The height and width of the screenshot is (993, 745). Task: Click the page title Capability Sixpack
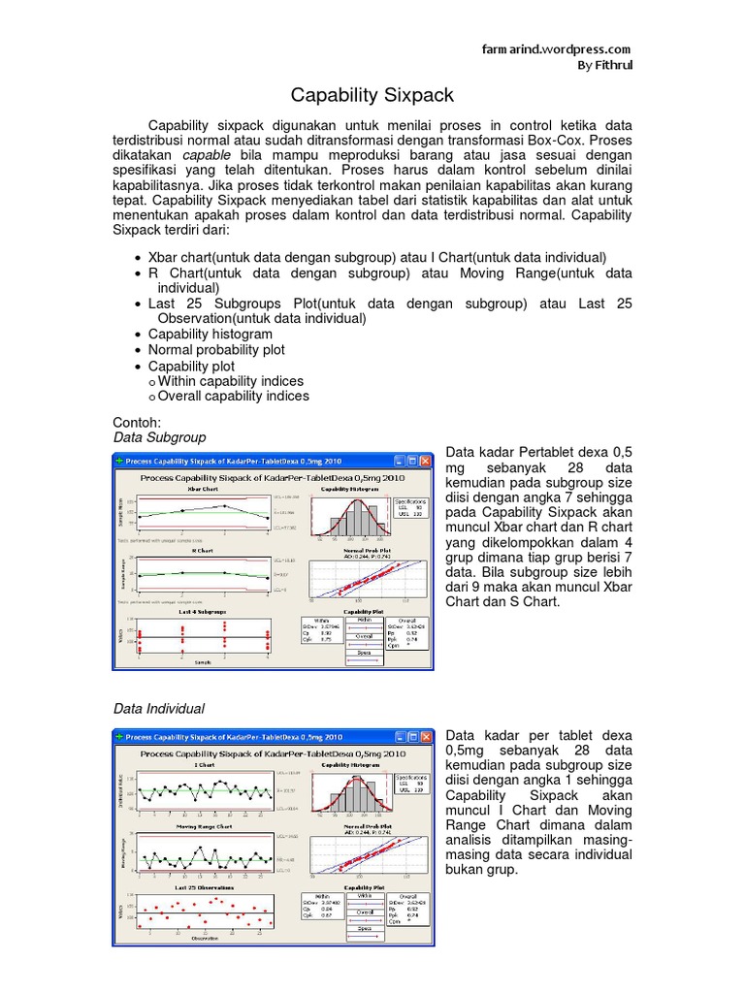[x=372, y=96]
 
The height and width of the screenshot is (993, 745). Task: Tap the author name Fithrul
[x=611, y=65]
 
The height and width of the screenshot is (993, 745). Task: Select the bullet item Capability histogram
[x=210, y=334]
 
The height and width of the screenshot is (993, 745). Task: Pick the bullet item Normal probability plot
[x=216, y=349]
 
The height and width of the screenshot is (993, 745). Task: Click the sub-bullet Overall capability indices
[x=234, y=396]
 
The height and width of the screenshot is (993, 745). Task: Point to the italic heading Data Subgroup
[x=160, y=437]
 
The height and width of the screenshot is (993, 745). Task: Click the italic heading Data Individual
[x=160, y=709]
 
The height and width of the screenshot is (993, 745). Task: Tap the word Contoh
[x=137, y=423]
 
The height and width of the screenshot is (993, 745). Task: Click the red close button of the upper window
[x=426, y=462]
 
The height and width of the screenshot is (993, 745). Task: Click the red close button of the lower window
[x=426, y=737]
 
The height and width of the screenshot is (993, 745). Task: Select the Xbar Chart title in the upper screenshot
[x=202, y=490]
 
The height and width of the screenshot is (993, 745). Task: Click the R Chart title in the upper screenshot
[x=202, y=550]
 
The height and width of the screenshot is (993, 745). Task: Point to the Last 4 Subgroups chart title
[x=202, y=613]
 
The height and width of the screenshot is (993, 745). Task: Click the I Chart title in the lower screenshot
[x=202, y=765]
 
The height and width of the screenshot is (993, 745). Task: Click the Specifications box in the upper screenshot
[x=411, y=508]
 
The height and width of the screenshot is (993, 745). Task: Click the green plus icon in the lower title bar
[x=120, y=737]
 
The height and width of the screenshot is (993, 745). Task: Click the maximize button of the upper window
[x=411, y=462]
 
